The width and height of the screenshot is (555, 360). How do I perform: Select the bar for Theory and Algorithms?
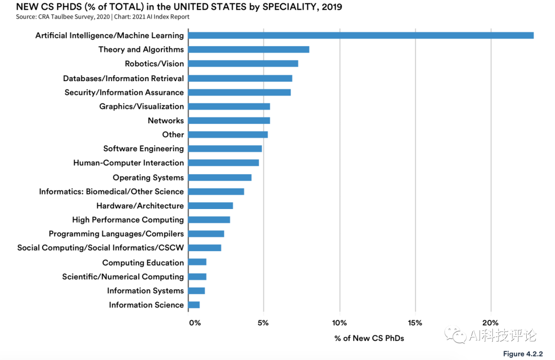click(249, 49)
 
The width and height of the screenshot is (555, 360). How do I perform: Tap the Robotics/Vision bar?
click(243, 64)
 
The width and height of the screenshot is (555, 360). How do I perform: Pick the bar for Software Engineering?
click(225, 148)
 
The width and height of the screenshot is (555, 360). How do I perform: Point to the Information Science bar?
click(194, 305)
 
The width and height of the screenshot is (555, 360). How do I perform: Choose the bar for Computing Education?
click(197, 262)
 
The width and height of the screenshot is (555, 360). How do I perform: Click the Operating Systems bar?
click(220, 177)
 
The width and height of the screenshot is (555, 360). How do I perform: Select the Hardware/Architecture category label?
click(140, 205)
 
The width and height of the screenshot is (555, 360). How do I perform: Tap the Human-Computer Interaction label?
click(128, 163)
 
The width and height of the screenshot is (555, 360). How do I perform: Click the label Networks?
click(165, 120)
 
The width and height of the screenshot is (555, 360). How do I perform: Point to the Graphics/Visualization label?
click(141, 106)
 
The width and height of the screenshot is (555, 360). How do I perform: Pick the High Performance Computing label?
click(128, 220)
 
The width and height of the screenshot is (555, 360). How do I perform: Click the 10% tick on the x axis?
click(339, 323)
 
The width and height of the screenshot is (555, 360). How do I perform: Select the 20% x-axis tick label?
click(491, 323)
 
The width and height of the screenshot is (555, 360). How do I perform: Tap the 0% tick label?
click(195, 323)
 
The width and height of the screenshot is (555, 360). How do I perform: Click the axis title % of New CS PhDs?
click(369, 338)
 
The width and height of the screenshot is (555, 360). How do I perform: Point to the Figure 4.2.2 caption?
click(523, 354)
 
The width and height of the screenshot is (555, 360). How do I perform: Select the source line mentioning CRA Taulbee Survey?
click(103, 17)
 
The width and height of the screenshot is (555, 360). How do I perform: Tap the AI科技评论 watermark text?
click(502, 335)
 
